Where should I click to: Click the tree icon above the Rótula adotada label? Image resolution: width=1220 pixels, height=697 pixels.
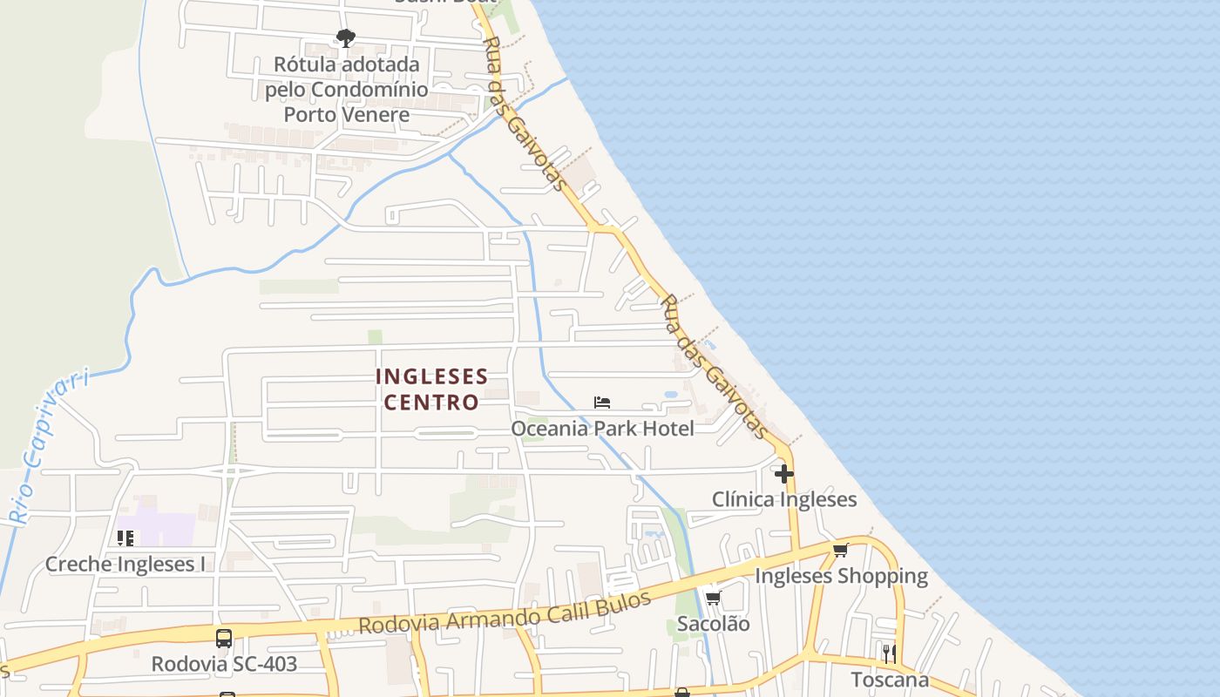(x=346, y=37)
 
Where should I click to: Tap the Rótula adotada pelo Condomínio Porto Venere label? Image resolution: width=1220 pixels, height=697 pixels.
(x=347, y=90)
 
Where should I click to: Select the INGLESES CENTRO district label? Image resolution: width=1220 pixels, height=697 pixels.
(x=431, y=389)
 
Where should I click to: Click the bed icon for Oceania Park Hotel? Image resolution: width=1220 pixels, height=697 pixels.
(x=601, y=403)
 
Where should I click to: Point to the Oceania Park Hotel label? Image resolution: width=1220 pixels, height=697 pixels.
(x=602, y=429)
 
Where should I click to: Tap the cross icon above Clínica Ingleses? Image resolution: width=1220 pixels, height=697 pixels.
(x=784, y=474)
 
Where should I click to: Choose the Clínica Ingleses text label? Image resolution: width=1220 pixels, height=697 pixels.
(x=784, y=500)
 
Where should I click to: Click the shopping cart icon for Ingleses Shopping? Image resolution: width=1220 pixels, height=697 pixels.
(x=840, y=550)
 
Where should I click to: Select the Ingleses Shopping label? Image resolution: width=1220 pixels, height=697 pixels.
(x=841, y=576)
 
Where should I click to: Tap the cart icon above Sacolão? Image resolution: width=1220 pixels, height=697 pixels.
(x=713, y=598)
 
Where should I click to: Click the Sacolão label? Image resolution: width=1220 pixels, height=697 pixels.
(x=713, y=624)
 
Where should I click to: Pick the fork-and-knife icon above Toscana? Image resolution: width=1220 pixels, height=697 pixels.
(x=889, y=653)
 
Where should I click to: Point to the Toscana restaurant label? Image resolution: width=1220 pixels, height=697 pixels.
(x=889, y=680)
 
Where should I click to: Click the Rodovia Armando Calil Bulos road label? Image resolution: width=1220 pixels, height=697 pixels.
(x=505, y=613)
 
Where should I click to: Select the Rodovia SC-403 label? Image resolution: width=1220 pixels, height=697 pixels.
(x=224, y=664)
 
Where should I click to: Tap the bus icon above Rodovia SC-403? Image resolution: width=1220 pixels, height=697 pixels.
(x=224, y=638)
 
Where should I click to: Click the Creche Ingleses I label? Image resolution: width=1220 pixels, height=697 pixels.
(x=125, y=565)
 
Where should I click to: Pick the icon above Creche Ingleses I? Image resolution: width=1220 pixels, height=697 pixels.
(x=125, y=538)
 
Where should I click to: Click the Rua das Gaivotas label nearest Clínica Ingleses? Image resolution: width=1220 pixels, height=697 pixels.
(x=715, y=366)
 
